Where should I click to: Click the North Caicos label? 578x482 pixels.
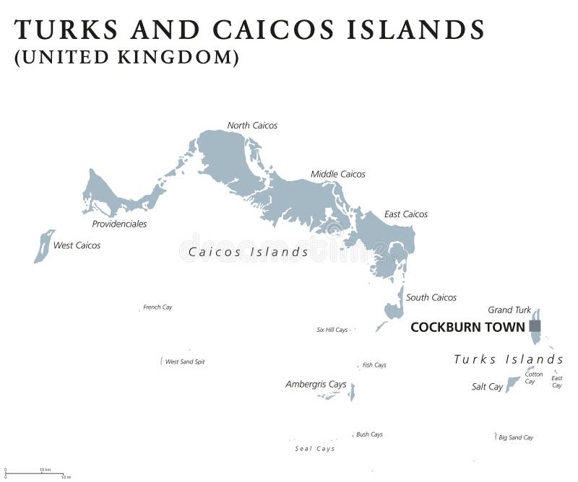(x=252, y=126)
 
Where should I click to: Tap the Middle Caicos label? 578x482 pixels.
(x=337, y=174)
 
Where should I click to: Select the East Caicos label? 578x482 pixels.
(x=405, y=214)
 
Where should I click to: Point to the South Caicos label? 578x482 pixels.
(x=431, y=297)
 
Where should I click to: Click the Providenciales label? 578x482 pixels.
(x=119, y=224)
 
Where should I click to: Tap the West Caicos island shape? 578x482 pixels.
(x=44, y=246)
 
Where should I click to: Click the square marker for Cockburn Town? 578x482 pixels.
(x=535, y=326)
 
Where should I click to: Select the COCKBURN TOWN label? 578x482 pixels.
(x=467, y=327)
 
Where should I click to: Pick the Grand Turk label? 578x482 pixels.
(x=509, y=310)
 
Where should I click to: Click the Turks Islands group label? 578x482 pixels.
(x=508, y=359)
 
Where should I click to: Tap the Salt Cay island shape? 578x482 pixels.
(x=513, y=384)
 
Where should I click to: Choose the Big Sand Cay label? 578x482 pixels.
(x=516, y=437)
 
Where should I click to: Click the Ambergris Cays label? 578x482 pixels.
(x=316, y=385)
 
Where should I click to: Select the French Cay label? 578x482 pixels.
(x=158, y=307)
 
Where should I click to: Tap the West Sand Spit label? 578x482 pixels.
(x=185, y=361)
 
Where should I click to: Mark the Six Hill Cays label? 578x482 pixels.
(x=332, y=330)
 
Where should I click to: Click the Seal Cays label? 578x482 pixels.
(x=314, y=449)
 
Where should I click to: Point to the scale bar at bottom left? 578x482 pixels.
(x=36, y=473)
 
